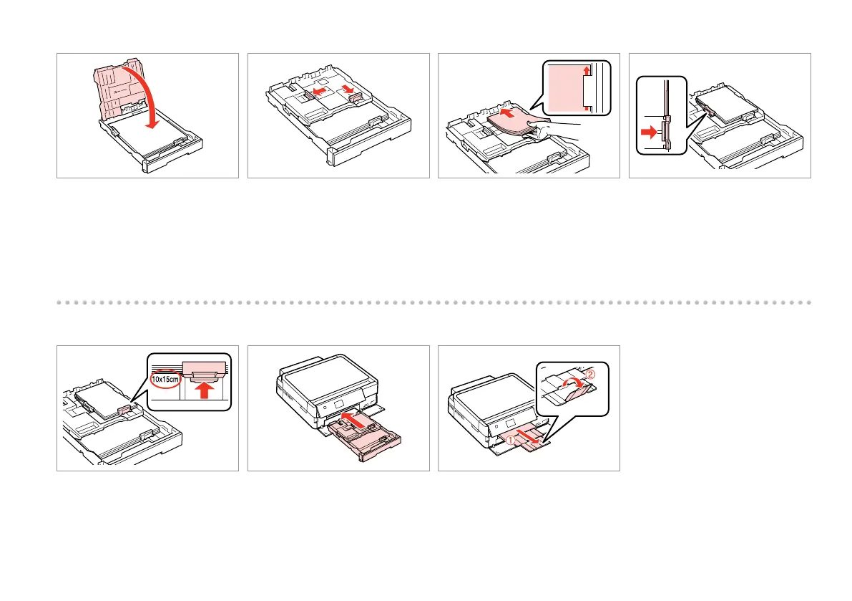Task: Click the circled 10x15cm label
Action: (x=165, y=378)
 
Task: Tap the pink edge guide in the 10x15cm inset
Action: (x=205, y=369)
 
